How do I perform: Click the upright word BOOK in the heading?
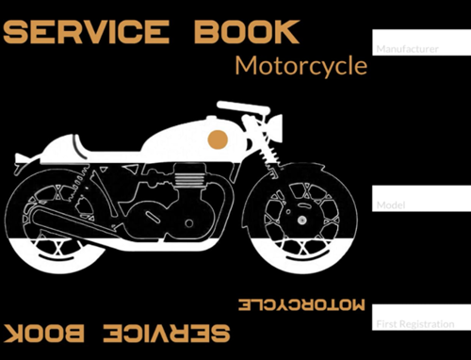click(x=247, y=32)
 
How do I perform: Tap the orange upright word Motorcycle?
click(x=300, y=66)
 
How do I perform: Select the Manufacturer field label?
click(x=407, y=48)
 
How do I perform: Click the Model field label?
click(x=390, y=205)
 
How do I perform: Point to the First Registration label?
click(x=414, y=324)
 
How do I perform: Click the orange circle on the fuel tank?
click(x=218, y=140)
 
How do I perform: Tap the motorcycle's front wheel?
click(x=300, y=220)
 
